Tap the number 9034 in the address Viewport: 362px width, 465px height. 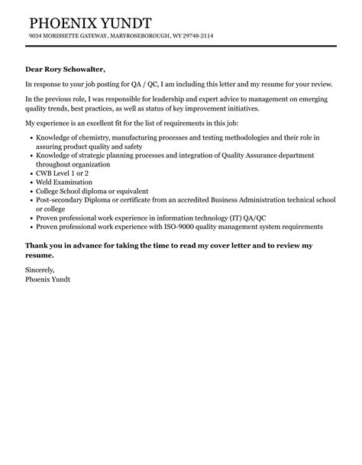(36, 37)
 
